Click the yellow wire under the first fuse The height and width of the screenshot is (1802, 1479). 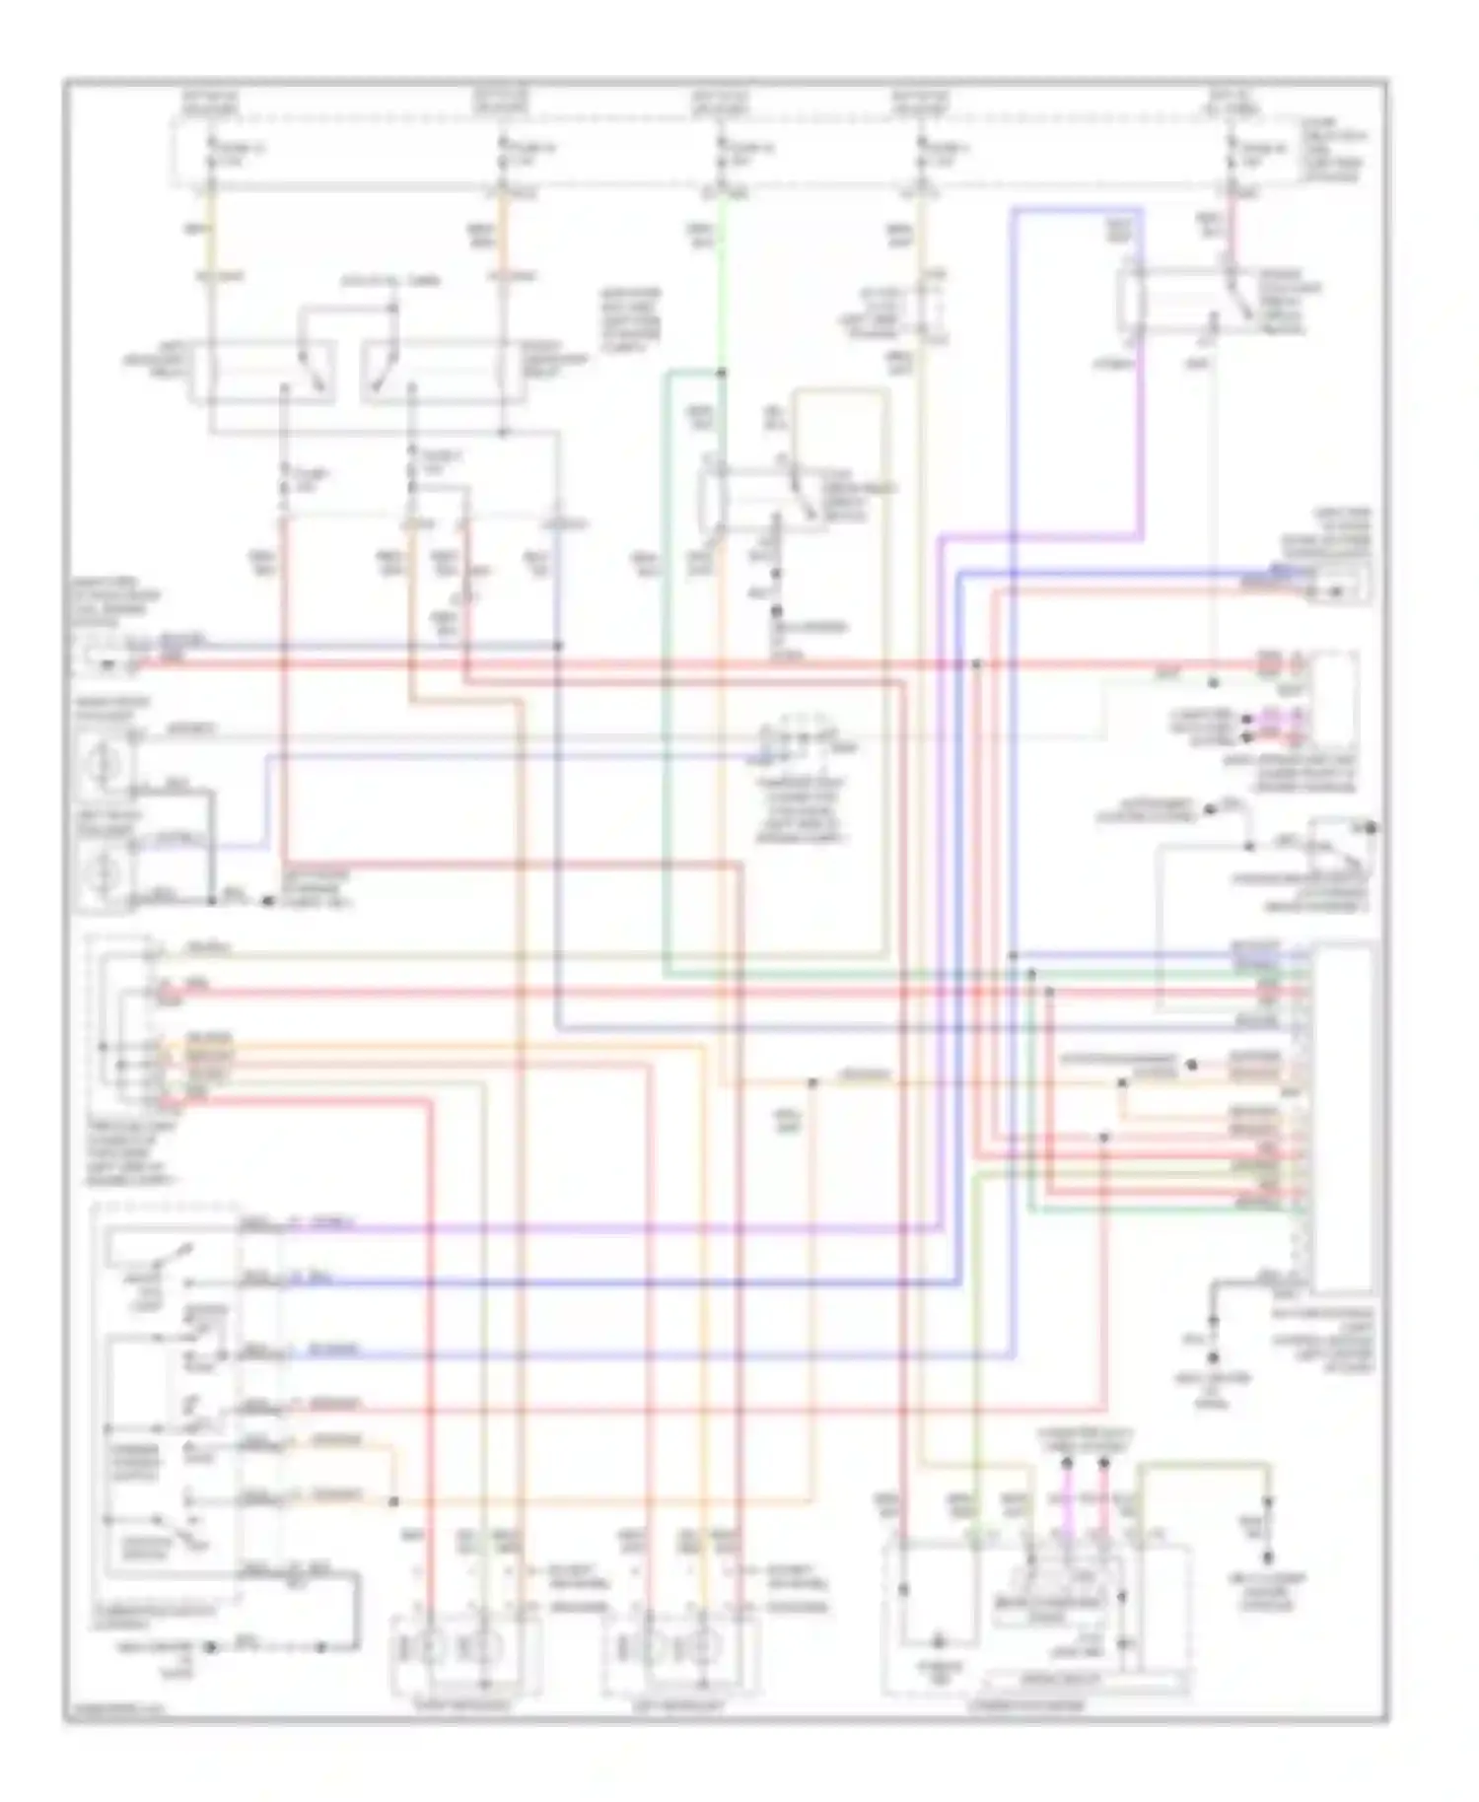(210, 246)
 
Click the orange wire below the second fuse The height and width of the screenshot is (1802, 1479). (502, 246)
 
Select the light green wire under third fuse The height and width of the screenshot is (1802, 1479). (723, 276)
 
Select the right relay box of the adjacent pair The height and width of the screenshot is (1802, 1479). (434, 372)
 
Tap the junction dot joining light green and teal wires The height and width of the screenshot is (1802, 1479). (723, 373)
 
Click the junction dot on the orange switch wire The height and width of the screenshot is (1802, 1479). (393, 1501)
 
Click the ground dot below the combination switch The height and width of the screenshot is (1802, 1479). (210, 1647)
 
